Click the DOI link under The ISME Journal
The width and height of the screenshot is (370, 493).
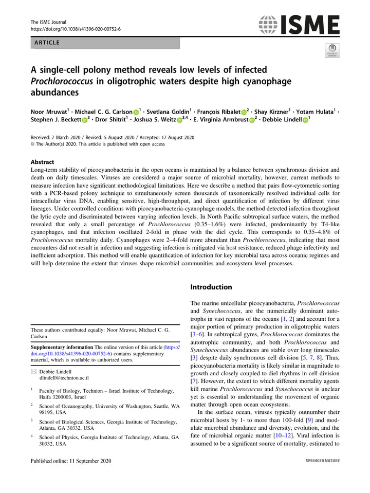76,29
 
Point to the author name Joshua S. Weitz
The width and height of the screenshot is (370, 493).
157,120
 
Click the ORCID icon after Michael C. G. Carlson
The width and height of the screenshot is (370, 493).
137,112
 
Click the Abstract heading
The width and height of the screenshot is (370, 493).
45,162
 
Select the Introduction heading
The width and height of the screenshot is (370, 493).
211,287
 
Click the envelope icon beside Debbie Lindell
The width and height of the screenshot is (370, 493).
34,372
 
